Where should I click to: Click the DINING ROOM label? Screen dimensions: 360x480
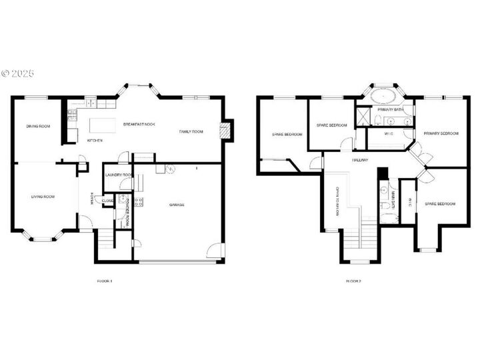pos(38,126)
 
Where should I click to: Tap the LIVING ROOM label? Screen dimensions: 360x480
pos(43,197)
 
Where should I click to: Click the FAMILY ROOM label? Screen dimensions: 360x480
pos(191,131)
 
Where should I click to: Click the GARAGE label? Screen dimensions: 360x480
pos(177,205)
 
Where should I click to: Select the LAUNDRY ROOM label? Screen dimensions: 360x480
pos(119,175)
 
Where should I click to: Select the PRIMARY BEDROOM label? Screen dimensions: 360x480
pos(441,133)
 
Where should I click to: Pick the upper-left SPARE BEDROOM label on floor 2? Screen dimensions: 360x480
pos(287,135)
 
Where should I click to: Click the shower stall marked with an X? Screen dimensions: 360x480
pos(363,117)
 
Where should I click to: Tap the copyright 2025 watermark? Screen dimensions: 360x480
pos(17,73)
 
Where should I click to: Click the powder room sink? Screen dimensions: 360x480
pos(123,200)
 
